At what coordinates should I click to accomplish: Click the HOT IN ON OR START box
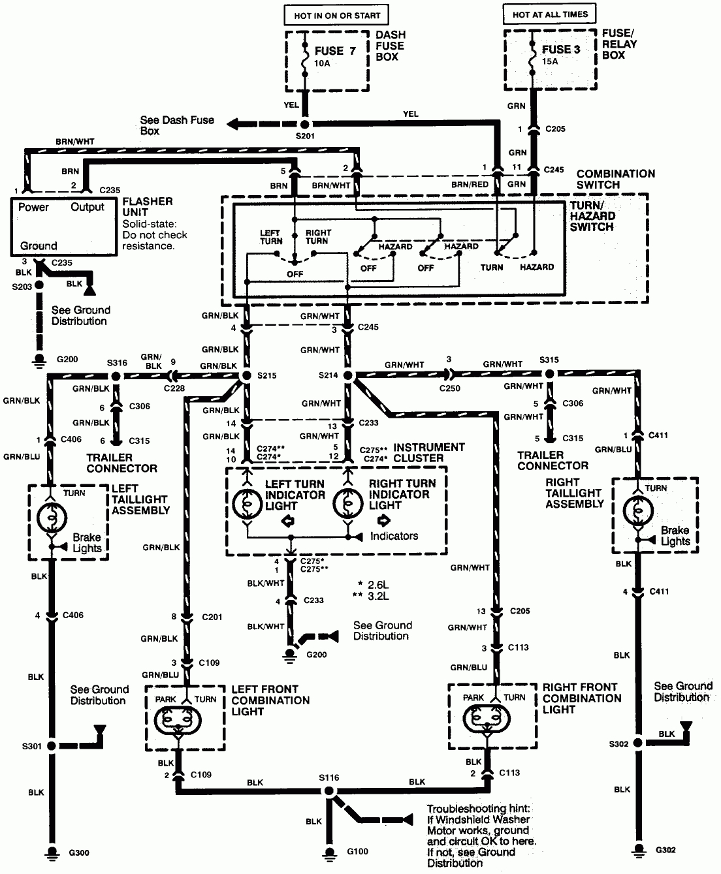336,16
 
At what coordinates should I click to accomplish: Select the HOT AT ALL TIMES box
550,14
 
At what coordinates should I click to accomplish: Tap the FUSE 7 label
335,51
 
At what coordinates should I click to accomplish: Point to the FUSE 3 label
561,50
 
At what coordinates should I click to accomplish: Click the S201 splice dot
305,124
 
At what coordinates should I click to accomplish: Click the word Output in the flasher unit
87,207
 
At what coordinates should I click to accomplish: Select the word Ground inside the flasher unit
39,245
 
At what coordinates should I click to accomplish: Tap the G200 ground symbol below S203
39,361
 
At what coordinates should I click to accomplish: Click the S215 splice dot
247,375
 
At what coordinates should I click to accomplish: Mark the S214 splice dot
347,375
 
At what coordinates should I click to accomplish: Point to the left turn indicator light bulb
247,504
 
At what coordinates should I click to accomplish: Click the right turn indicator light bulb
347,503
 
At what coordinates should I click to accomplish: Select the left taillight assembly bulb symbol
52,518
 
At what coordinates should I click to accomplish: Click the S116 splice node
329,791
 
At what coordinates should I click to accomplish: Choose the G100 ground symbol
329,853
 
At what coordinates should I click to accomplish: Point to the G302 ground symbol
638,851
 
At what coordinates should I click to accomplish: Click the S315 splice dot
550,373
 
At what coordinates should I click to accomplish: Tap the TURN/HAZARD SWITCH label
592,216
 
